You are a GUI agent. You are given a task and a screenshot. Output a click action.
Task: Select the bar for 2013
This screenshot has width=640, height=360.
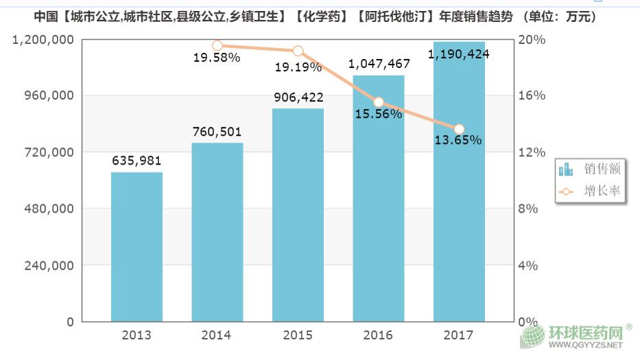137,247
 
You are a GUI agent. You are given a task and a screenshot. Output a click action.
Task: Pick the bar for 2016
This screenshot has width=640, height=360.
379,199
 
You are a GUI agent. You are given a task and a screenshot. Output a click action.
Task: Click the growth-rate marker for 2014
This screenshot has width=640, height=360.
217,46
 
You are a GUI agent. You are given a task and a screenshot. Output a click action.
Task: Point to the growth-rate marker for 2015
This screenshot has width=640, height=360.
298,51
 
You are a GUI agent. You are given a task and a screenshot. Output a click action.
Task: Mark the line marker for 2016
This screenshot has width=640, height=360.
379,102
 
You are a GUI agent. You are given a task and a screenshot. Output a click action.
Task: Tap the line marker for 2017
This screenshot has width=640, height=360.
459,129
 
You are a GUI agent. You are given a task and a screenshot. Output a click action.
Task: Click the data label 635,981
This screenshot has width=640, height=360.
137,161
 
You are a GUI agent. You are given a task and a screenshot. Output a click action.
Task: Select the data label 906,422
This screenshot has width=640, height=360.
298,97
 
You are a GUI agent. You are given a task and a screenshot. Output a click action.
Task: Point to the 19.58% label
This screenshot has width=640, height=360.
216,58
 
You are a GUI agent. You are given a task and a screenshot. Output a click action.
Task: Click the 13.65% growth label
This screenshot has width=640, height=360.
458,141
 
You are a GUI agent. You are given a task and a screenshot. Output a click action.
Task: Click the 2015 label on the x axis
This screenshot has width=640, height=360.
298,335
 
